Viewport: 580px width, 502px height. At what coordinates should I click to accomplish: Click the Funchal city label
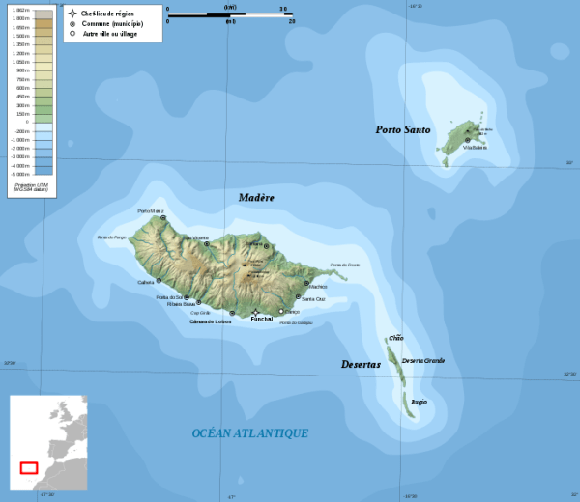pos(262,319)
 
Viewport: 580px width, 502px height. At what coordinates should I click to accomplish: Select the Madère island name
pos(256,197)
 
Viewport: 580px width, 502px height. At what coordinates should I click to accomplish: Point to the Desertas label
pos(361,364)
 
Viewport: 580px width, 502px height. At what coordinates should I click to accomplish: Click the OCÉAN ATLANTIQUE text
pos(249,433)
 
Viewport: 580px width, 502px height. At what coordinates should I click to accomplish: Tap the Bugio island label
pos(419,402)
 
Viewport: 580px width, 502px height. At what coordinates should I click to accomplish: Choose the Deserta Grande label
pos(422,360)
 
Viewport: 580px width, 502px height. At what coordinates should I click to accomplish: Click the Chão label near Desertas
pos(395,338)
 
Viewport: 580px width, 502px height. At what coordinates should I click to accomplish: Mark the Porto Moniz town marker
pos(163,218)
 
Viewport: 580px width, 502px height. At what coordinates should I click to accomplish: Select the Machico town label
pos(318,286)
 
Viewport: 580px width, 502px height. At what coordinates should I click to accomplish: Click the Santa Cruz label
pos(313,299)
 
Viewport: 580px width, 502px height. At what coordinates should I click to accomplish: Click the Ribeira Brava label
pos(182,304)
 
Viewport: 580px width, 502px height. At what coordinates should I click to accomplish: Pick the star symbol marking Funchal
pos(255,311)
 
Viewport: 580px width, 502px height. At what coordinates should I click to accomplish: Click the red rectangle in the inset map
pos(29,468)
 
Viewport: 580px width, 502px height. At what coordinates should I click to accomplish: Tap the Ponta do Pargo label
pos(112,237)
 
